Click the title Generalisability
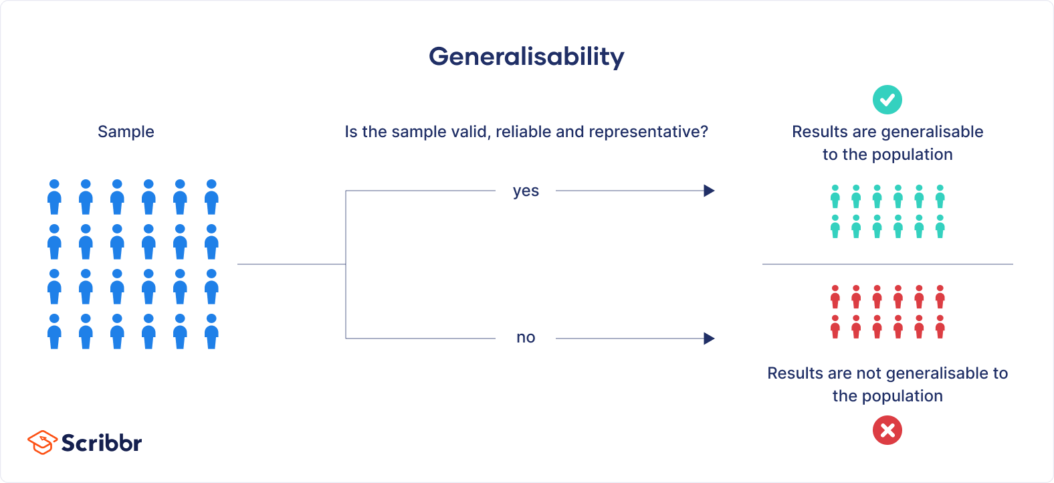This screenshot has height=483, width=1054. tap(526, 57)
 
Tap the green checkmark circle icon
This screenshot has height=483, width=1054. tap(887, 100)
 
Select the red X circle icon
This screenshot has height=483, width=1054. tap(887, 430)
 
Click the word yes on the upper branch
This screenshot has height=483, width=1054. tap(526, 191)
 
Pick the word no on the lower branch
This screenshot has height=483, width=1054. tap(526, 338)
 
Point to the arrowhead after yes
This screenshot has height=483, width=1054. tap(709, 191)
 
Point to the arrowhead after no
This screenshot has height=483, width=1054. tap(709, 339)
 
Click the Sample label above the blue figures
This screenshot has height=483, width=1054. tap(126, 132)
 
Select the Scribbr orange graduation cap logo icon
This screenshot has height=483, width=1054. tap(41, 442)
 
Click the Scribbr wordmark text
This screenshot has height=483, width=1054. tap(102, 443)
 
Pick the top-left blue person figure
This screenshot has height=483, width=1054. tap(54, 197)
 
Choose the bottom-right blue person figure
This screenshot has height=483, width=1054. tap(211, 332)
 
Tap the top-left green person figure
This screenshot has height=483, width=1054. tap(835, 197)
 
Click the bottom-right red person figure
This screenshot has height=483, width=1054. tap(940, 326)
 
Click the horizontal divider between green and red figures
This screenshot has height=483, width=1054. tap(887, 264)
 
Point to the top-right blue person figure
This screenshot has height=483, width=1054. tap(211, 197)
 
